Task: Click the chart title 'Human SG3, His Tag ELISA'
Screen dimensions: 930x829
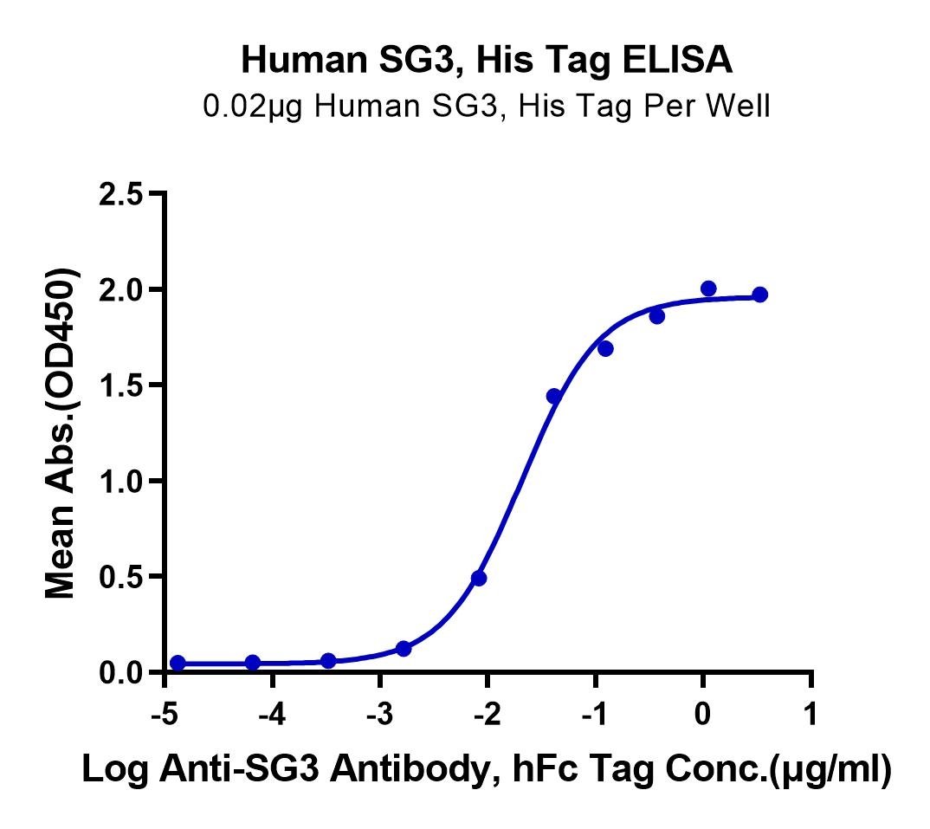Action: pos(487,60)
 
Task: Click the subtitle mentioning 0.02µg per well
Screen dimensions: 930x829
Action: pos(487,107)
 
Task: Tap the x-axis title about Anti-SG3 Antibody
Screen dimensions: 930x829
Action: pos(487,770)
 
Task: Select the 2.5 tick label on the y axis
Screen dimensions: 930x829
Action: pos(121,194)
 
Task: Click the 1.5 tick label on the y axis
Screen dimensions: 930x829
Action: pos(121,385)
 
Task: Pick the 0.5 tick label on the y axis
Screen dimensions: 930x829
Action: pos(121,577)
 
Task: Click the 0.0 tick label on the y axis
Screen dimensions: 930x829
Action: pos(121,673)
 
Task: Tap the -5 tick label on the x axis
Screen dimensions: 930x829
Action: pos(165,714)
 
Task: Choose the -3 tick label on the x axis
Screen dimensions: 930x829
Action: pos(379,714)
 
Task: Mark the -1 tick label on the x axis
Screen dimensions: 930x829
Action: pos(594,714)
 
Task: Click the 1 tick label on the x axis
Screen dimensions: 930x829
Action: pos(811,714)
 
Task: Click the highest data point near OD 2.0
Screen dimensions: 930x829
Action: pos(708,289)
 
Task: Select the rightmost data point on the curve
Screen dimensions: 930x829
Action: pos(759,295)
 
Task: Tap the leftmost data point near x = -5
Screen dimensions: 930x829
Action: pos(178,663)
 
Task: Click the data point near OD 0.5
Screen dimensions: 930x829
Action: pos(479,578)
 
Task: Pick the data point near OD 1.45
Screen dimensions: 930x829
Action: pos(554,396)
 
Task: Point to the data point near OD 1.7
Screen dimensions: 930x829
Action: pos(605,349)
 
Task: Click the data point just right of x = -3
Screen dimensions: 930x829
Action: pos(404,649)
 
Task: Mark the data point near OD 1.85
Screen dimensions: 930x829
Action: pos(656,317)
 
